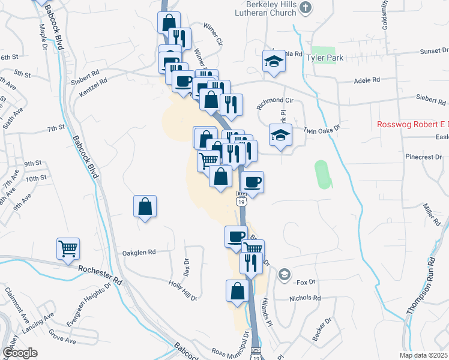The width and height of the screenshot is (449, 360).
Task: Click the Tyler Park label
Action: coord(324,58)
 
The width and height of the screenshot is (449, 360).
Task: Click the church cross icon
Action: coord(306,7)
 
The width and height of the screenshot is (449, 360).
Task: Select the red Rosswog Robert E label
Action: coord(412,125)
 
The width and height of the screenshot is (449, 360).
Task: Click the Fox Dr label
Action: coord(306,281)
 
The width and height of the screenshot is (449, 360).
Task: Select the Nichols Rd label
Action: coord(305,298)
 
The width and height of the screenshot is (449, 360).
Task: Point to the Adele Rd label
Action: coord(368,79)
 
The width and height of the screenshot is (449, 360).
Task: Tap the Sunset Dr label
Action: coord(433,51)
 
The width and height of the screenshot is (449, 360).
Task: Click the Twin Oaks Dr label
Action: coord(322,129)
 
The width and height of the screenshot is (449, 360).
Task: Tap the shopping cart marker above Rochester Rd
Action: coord(68,248)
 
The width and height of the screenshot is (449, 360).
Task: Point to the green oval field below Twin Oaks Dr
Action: coord(323,174)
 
